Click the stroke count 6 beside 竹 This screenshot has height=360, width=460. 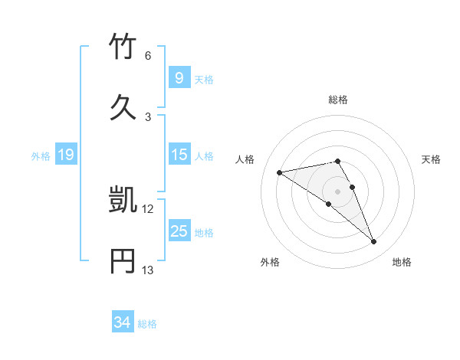coord(148,56)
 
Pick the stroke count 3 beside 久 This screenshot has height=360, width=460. coord(148,116)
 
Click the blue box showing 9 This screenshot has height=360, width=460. coord(179,78)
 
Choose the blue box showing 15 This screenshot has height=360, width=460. coord(179,155)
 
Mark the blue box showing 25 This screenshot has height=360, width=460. coord(179,231)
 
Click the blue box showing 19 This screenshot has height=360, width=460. coord(66,155)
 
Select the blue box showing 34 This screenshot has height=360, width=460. coord(123,322)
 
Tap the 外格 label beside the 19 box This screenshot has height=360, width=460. coord(41,155)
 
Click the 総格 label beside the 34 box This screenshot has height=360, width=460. coord(147,324)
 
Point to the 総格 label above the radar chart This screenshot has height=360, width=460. coord(338,100)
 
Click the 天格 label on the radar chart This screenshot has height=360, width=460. coord(431,159)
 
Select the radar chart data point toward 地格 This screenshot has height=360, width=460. coord(374,242)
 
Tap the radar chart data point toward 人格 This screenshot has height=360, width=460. coord(280,172)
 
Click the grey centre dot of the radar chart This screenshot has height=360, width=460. coord(338,191)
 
